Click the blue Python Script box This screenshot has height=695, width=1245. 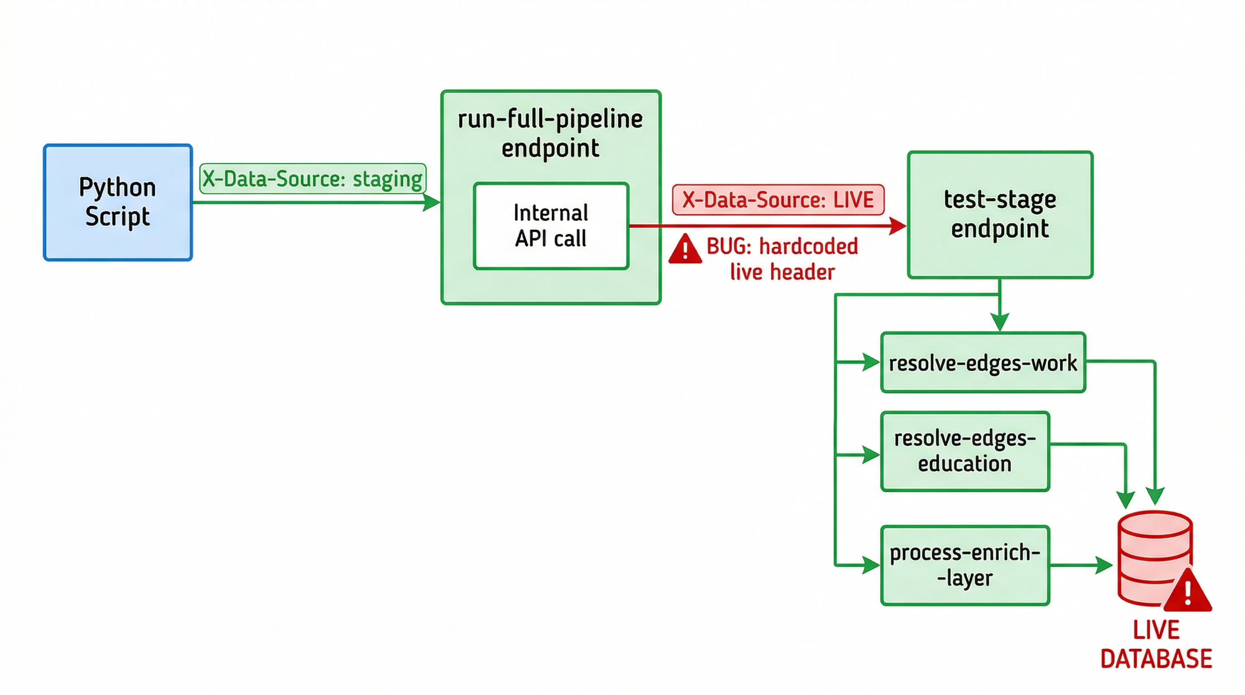118,203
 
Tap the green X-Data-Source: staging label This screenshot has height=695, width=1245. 312,178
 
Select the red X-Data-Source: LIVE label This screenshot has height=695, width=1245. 778,200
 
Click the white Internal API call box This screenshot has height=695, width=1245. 551,226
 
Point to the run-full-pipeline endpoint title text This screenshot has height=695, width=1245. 550,133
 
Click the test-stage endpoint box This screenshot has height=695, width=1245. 999,214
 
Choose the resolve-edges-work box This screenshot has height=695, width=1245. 983,362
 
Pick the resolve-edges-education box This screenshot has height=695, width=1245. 965,451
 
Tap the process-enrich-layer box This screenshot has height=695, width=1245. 965,565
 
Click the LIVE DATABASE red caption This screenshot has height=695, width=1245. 1155,644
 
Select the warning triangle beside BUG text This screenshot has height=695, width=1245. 685,249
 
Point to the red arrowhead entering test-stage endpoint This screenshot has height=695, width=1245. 898,226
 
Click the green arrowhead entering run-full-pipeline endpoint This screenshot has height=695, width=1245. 432,202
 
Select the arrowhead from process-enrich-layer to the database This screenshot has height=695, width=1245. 1104,565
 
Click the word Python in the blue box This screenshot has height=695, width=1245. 118,187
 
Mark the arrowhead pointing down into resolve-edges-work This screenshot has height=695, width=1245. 999,322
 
